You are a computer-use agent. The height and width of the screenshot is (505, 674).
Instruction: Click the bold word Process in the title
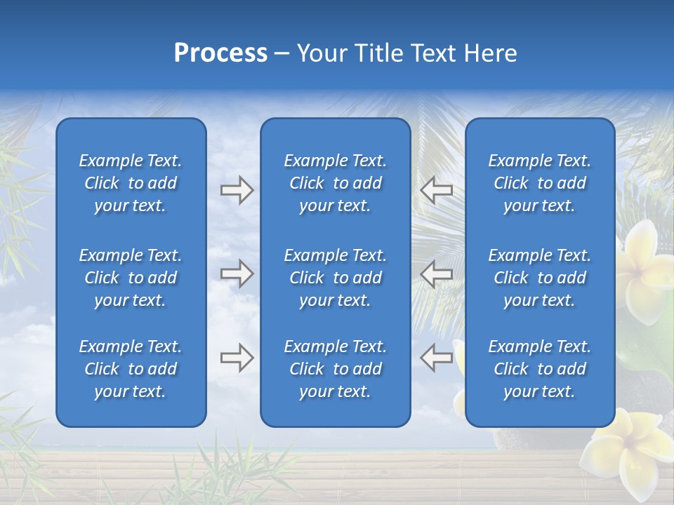(220, 53)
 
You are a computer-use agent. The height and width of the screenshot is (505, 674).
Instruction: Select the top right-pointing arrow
(237, 190)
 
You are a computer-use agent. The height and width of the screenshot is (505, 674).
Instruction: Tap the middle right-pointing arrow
(237, 273)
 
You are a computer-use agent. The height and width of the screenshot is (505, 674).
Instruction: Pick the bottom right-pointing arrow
(237, 358)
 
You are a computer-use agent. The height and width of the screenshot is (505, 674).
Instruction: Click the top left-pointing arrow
(436, 190)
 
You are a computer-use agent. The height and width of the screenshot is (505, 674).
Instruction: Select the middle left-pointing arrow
(436, 273)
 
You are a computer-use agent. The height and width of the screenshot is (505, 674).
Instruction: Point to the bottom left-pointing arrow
(436, 358)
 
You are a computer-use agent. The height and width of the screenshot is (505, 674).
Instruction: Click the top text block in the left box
(131, 183)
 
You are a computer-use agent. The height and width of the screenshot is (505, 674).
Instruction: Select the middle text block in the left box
(131, 278)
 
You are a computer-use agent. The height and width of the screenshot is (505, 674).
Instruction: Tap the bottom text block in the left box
(131, 369)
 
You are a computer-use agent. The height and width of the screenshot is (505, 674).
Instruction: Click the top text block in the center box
(335, 183)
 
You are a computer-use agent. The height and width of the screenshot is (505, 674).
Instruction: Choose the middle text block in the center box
(335, 278)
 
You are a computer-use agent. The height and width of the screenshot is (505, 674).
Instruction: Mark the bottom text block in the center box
(335, 369)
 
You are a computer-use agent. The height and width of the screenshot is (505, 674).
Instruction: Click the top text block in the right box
(539, 183)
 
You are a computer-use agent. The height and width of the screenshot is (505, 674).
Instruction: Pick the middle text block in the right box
(539, 278)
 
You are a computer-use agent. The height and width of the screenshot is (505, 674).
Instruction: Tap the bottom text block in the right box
(539, 369)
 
